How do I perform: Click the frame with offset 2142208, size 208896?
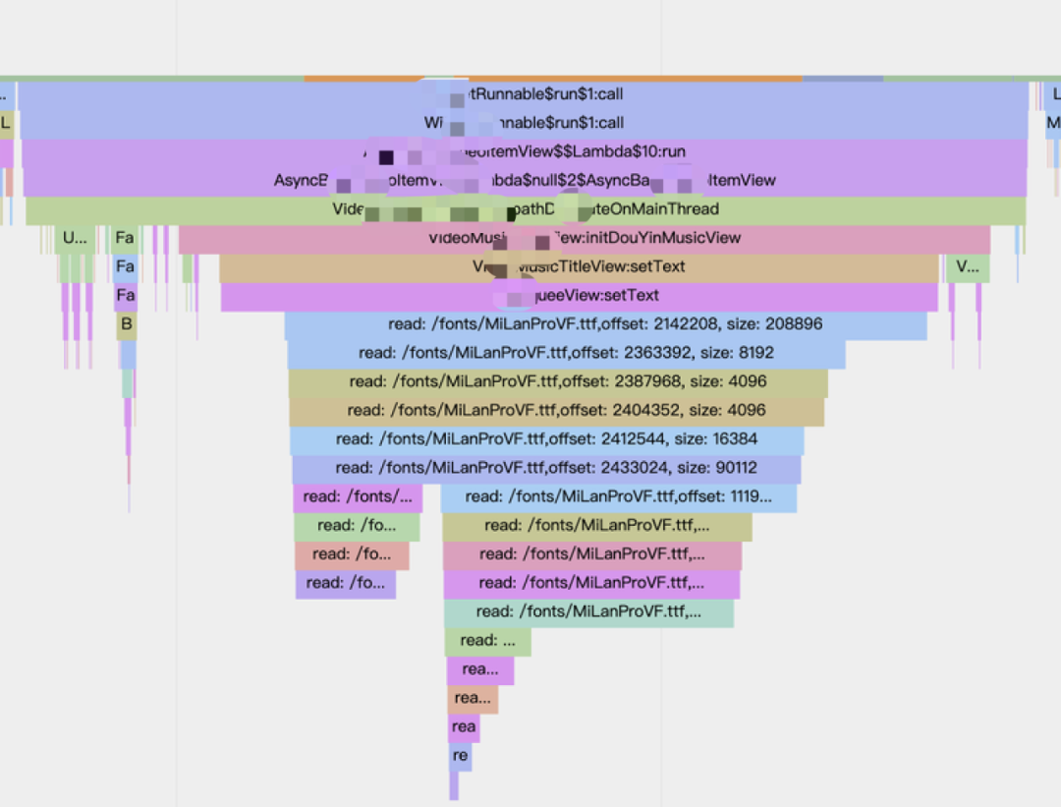point(605,324)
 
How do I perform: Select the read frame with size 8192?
point(566,353)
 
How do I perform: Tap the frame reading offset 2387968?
point(558,381)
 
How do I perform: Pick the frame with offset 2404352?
point(556,410)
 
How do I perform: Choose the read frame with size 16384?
point(546,438)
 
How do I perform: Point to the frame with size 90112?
point(546,468)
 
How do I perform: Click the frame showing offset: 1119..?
point(618,496)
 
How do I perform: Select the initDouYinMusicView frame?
point(585,238)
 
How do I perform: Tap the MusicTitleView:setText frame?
point(579,266)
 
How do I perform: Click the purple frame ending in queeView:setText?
point(579,296)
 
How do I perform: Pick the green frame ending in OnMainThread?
point(526,209)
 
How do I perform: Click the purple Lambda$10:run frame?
point(524,151)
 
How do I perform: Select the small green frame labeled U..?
point(75,238)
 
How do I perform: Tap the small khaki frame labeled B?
point(126,323)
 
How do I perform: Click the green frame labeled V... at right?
point(967,266)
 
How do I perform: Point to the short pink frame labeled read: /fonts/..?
point(358,496)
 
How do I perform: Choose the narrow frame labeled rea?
point(464,727)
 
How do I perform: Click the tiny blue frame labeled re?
point(460,756)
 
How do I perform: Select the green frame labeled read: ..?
point(487,641)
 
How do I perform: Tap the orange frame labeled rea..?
point(473,699)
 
